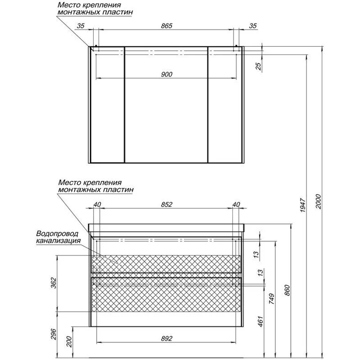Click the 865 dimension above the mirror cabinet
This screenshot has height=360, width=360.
pos(166,26)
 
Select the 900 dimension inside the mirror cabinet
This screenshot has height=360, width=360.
pos(166,74)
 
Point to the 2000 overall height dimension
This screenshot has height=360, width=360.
pos(319,202)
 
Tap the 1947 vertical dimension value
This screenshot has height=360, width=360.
pos(303,205)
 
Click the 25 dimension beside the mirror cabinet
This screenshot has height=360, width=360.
pos(258,66)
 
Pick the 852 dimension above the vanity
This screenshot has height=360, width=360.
pos(166,204)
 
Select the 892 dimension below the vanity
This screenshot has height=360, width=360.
pos(166,338)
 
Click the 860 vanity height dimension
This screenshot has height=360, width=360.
pos(287,290)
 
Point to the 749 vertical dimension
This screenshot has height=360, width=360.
pos(272,299)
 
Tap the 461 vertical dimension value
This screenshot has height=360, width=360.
pos(260,321)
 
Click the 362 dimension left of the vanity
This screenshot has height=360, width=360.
pos(53,283)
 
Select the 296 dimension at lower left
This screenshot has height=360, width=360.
pos(53,334)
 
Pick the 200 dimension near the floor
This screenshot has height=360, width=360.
pos(69,342)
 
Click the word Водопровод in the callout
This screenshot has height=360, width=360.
pos(58,234)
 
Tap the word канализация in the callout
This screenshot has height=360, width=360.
pos(58,241)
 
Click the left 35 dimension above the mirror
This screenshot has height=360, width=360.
pos(81,26)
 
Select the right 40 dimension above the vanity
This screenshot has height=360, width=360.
pos(236,204)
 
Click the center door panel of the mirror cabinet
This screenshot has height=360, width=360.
pos(166,105)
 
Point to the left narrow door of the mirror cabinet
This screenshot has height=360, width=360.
pos(108,105)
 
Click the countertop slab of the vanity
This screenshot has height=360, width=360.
pos(166,228)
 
